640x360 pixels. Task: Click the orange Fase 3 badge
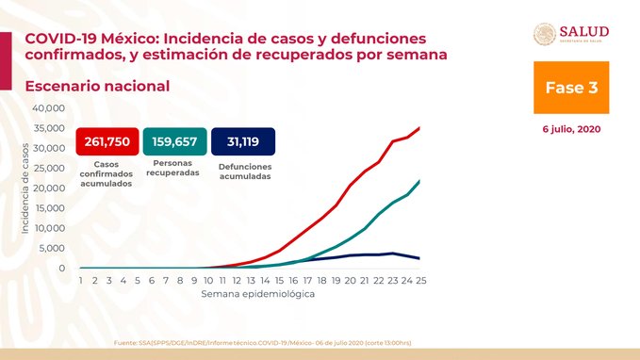click(x=571, y=88)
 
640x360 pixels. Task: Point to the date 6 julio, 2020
click(x=571, y=129)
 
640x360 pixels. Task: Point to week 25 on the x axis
click(x=418, y=281)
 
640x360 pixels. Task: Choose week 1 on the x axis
click(x=81, y=281)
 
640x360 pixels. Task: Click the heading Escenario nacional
click(x=97, y=86)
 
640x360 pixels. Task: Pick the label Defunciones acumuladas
click(x=243, y=172)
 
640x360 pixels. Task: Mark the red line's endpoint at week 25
click(x=419, y=127)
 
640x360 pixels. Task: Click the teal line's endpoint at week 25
click(x=419, y=181)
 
